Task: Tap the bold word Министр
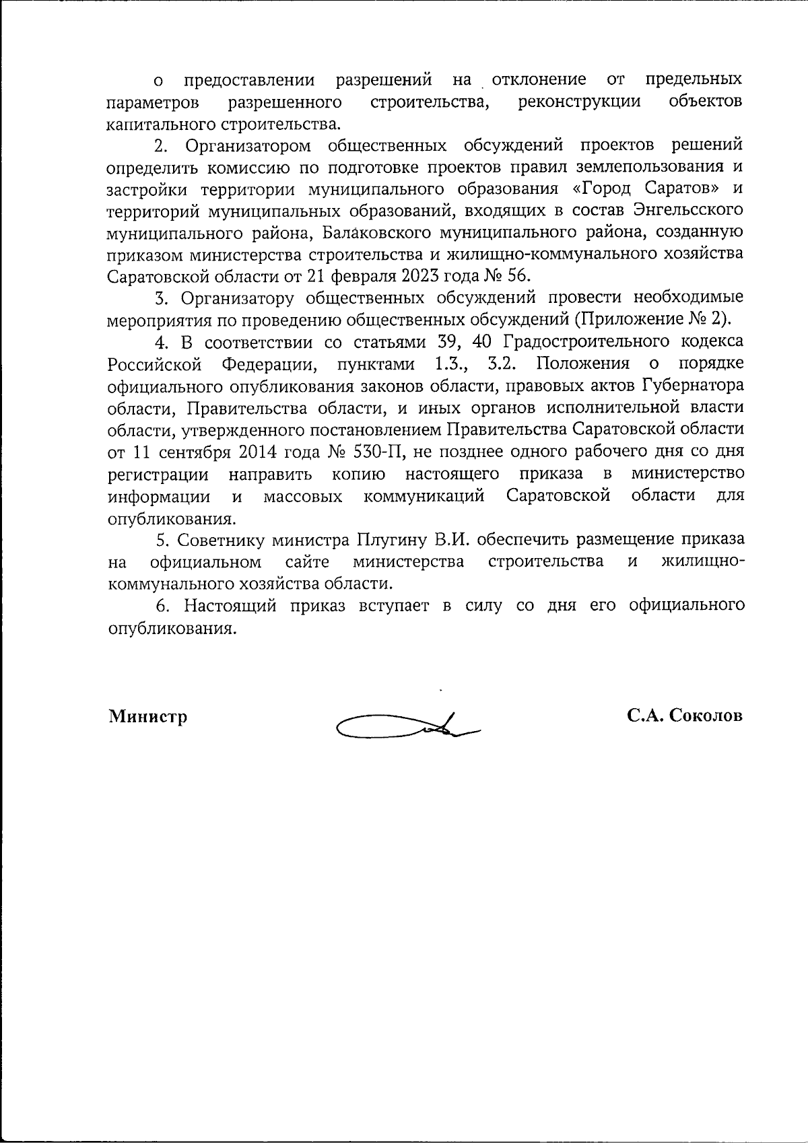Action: [148, 716]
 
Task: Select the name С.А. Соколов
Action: [684, 716]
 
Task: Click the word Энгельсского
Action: [688, 210]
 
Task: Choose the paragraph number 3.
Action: [160, 298]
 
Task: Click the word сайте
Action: [306, 562]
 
